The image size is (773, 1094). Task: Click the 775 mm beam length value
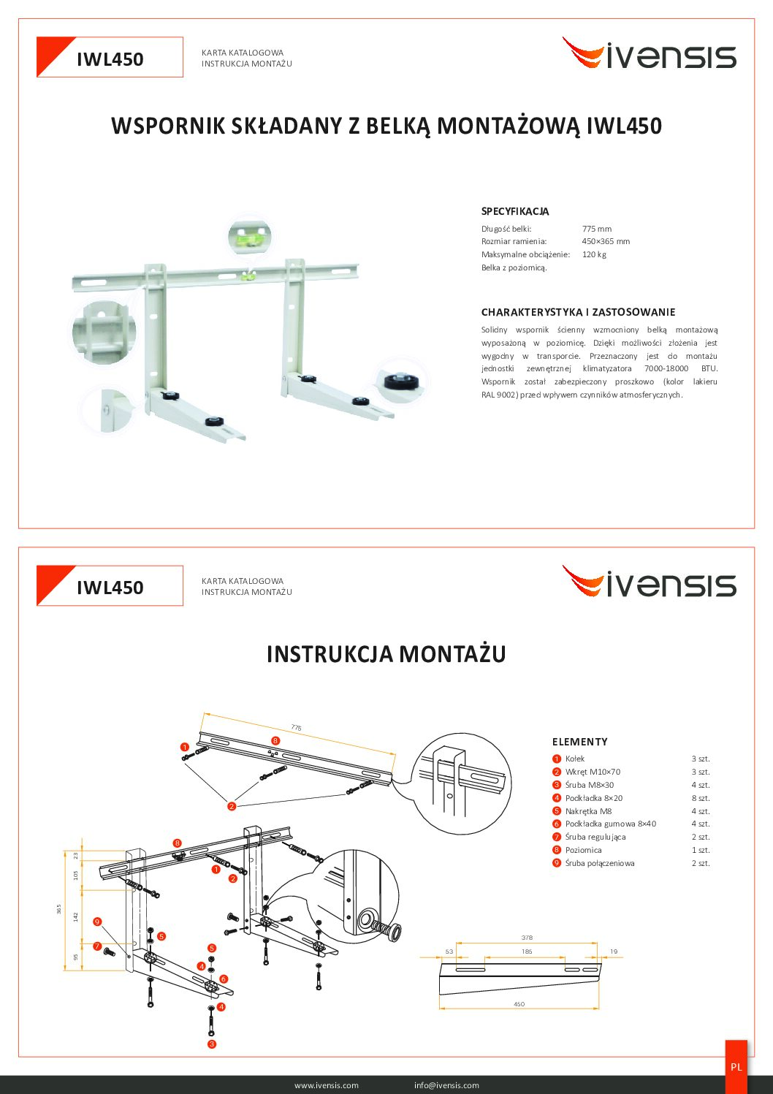[x=596, y=229]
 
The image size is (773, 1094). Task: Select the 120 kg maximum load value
[x=594, y=254]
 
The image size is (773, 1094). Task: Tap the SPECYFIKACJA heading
[x=514, y=211]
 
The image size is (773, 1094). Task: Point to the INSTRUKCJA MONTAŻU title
[x=386, y=654]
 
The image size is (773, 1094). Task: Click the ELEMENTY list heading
[x=579, y=742]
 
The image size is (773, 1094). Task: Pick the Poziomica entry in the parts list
[x=583, y=850]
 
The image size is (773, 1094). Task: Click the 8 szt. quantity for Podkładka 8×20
[x=700, y=798]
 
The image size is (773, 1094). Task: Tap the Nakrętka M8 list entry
[x=588, y=811]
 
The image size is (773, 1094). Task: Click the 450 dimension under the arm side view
[x=519, y=1004]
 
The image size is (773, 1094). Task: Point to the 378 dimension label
[x=526, y=938]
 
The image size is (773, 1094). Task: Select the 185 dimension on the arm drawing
[x=526, y=951]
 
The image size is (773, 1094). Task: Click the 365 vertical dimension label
[x=58, y=909]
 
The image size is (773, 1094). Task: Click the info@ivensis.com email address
[x=446, y=1084]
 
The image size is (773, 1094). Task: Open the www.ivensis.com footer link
[x=326, y=1084]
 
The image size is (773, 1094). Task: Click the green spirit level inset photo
[x=250, y=237]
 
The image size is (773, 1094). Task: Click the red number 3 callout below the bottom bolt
[x=211, y=1044]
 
